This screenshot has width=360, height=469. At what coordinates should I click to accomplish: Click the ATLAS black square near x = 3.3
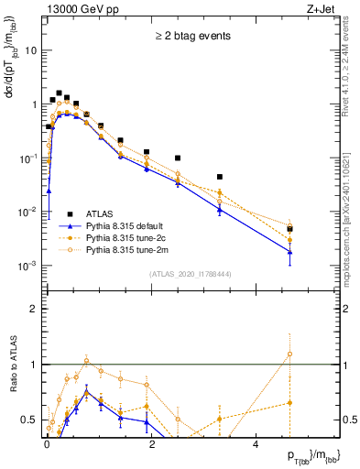[x=220, y=177]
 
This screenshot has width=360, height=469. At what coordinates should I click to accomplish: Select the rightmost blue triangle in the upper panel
[x=289, y=252]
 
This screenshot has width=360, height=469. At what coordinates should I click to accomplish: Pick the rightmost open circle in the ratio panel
[x=289, y=354]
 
